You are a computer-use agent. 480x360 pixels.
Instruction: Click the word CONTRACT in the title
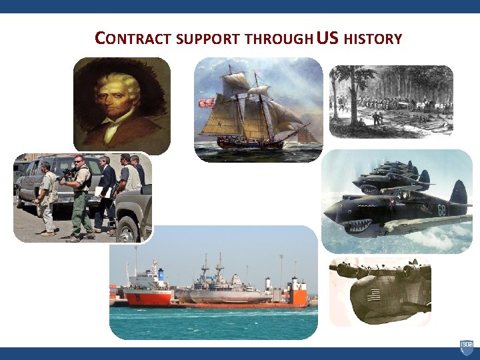click(x=134, y=39)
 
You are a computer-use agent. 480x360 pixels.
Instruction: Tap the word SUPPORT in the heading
click(x=209, y=39)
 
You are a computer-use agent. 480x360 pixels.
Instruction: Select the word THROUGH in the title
click(x=279, y=39)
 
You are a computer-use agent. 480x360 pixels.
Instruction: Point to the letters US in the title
click(x=328, y=37)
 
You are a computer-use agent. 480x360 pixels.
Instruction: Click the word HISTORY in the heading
click(x=373, y=39)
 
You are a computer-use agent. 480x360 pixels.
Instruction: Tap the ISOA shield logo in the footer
click(x=466, y=347)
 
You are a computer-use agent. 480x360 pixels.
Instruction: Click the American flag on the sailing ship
click(x=207, y=103)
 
